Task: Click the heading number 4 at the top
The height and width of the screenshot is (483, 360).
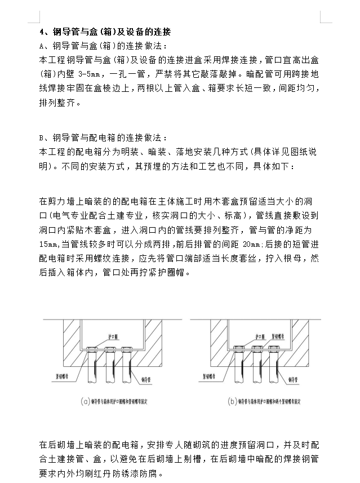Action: click(x=41, y=32)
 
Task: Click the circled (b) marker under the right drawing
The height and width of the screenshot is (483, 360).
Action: click(x=232, y=402)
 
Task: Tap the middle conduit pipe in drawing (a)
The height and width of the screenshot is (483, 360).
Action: click(x=108, y=364)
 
